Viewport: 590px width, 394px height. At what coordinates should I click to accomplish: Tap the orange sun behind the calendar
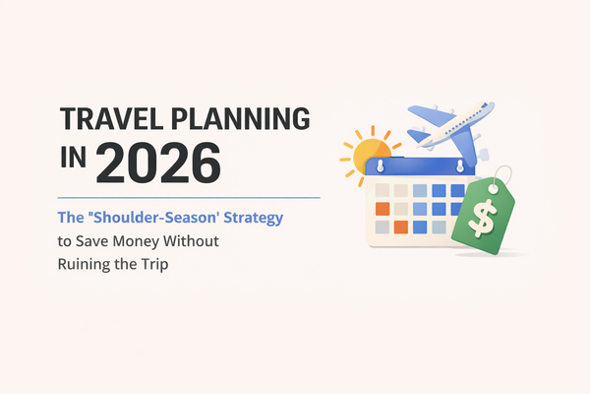pyautogui.click(x=361, y=153)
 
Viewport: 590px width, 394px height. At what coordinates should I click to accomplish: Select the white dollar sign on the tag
pyautogui.click(x=483, y=220)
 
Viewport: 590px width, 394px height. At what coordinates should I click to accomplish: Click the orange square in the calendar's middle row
pyautogui.click(x=383, y=209)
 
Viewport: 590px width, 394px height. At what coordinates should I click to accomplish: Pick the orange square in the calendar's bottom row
pyautogui.click(x=400, y=228)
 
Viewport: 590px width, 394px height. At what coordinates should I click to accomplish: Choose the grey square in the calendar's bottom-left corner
pyautogui.click(x=382, y=228)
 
